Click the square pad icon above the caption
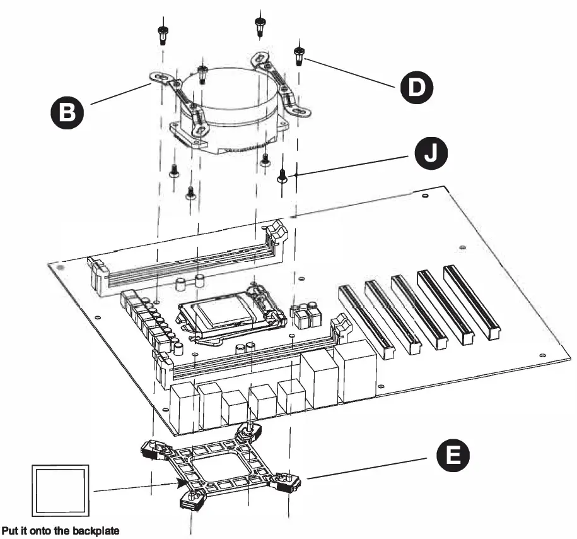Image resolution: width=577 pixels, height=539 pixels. pyautogui.click(x=60, y=492)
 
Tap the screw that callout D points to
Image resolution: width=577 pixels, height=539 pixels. pyautogui.click(x=298, y=55)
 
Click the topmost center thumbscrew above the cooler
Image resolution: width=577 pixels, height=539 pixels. pyautogui.click(x=259, y=25)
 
